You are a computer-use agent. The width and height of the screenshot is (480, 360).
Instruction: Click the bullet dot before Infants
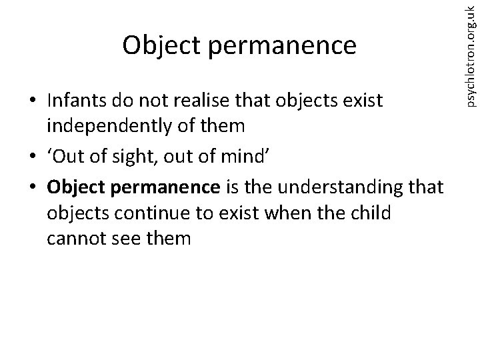point(32,101)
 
